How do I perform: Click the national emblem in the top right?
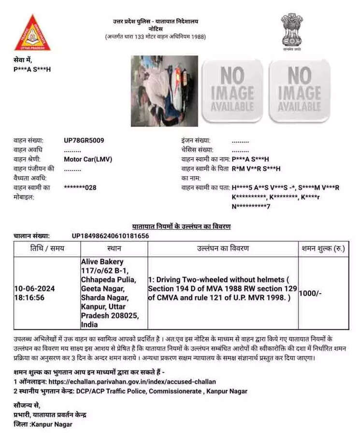pos(292,31)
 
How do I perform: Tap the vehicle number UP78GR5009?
pos(84,141)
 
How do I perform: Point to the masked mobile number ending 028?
pos(80,187)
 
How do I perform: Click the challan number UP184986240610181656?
pos(110,236)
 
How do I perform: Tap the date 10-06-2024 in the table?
pos(34,288)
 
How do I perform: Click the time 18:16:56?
pos(29,298)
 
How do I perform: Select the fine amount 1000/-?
pos(310,293)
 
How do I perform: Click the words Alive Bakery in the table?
pos(102,261)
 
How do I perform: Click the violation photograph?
pos(164,91)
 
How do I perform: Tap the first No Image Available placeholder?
pos(232,90)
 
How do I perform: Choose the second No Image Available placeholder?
pos(299,90)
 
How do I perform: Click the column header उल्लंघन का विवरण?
pos(223,248)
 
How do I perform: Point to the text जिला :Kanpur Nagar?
pos(43,424)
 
